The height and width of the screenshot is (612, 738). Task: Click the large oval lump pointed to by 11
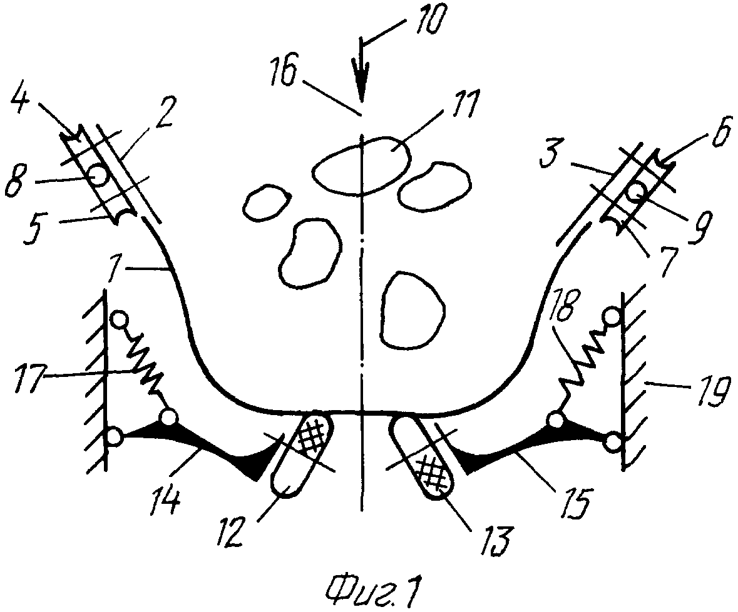point(361,164)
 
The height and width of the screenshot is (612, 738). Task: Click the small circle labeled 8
point(98,176)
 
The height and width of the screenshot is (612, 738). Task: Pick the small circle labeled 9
point(637,193)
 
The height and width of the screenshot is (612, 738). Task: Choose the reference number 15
point(578,501)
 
